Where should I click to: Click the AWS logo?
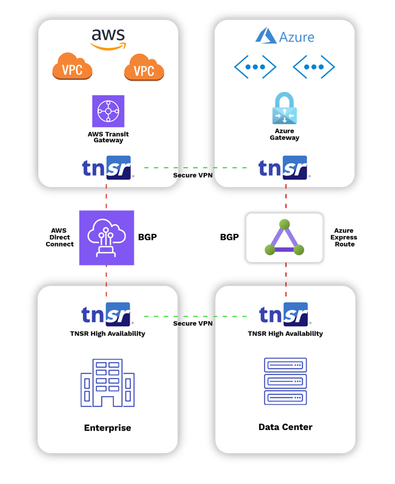(108, 38)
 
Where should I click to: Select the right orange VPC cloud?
(144, 68)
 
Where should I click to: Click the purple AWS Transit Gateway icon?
(108, 111)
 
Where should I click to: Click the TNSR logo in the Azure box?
(284, 168)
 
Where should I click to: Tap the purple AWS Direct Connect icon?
(107, 238)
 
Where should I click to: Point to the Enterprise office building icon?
(107, 383)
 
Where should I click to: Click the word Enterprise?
(107, 428)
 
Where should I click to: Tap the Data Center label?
(285, 427)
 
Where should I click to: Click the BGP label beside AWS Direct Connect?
(148, 237)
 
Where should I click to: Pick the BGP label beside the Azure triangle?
(230, 237)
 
